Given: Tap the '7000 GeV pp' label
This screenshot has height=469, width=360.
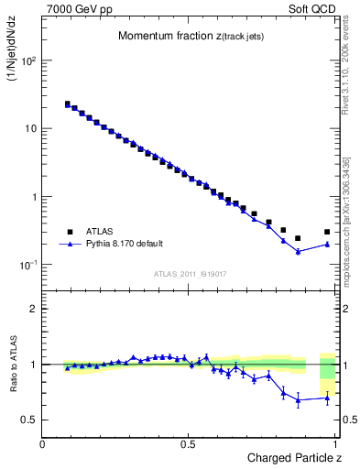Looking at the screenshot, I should pos(73,7).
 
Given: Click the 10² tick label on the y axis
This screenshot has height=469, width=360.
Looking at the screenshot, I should pos(28,60).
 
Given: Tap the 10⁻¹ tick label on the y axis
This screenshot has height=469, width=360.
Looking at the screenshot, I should pos(28,265).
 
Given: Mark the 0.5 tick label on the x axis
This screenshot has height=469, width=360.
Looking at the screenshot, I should pos(188,444).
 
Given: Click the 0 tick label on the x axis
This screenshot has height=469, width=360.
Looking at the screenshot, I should pos(43,444).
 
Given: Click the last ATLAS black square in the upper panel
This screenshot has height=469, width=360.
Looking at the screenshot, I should pos(327,232).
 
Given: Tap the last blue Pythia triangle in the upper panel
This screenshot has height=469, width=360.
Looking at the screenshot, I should pos(327,244).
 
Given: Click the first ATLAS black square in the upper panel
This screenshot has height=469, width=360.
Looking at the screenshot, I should pos(67,104).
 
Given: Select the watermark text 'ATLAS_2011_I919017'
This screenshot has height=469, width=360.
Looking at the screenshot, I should pos(191,273).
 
